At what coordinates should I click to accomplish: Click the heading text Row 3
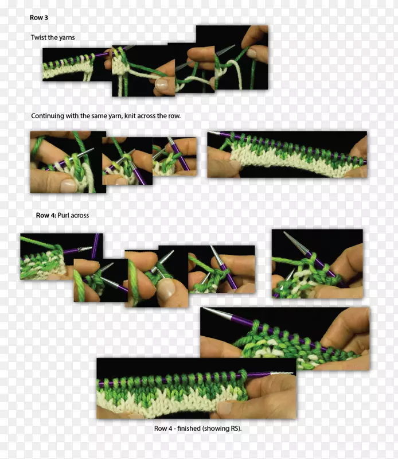(x=38, y=18)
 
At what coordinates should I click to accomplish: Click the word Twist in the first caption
(x=38, y=37)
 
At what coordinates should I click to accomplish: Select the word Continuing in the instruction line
(x=48, y=116)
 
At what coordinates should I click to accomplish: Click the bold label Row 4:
(x=46, y=216)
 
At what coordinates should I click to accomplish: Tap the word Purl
(x=63, y=216)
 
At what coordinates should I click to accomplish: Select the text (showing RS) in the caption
(x=222, y=429)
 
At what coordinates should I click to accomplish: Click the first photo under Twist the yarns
(x=77, y=64)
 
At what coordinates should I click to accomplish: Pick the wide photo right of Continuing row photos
(x=287, y=154)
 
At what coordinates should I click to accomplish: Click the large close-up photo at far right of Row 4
(x=318, y=264)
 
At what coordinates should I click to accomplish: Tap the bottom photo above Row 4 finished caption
(x=196, y=388)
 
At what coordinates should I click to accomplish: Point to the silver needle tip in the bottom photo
(x=281, y=374)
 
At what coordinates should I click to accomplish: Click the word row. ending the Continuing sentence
(x=174, y=116)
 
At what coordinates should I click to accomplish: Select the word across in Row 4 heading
(x=80, y=216)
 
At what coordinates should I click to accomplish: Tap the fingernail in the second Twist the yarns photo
(x=162, y=84)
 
